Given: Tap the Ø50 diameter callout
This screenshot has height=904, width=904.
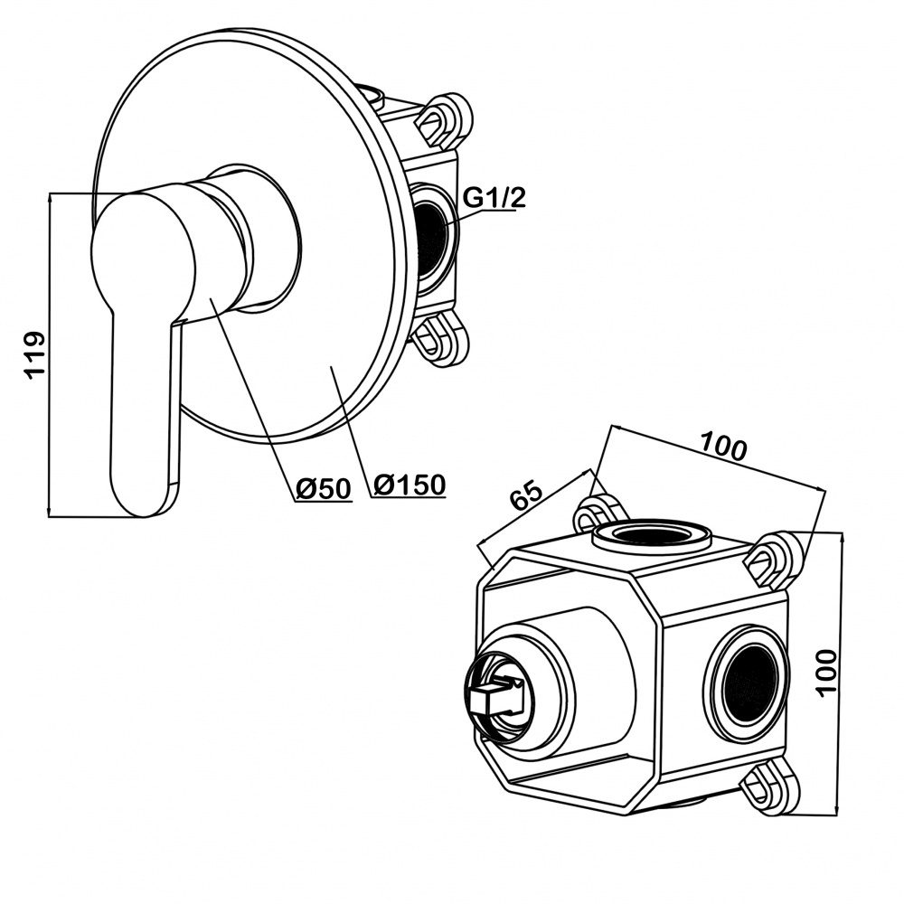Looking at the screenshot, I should coord(323,488).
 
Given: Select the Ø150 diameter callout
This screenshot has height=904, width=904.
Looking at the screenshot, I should coord(409,485).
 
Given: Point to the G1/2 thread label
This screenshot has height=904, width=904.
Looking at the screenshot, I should coord(494,198).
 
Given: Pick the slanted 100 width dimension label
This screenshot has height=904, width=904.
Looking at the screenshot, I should coord(723,447).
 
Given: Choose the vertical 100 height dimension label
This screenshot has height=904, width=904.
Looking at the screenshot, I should coord(827,670).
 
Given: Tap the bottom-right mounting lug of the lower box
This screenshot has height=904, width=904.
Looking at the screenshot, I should coord(768,787).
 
